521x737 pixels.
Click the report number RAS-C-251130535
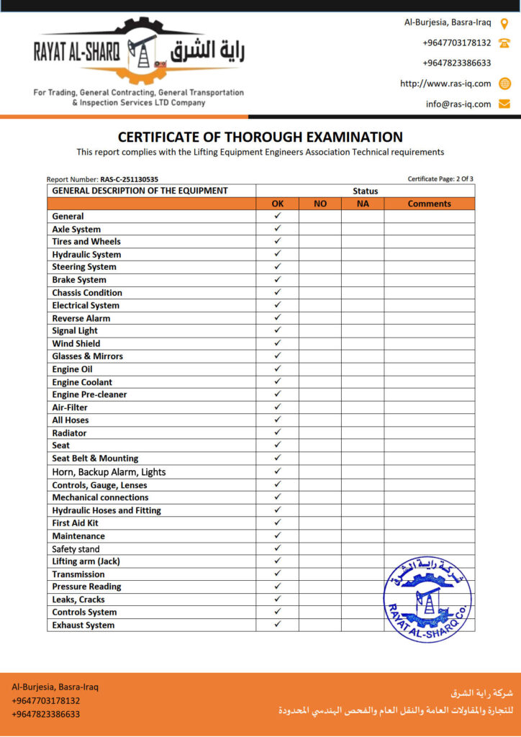tap(130, 179)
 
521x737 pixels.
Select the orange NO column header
tap(320, 204)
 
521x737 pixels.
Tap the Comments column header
tap(429, 204)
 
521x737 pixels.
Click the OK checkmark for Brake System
tap(278, 279)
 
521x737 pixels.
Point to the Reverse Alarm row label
tap(81, 318)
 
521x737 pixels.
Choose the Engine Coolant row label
tap(82, 382)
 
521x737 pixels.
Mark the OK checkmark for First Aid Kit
tap(278, 523)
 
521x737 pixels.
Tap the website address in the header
tap(445, 83)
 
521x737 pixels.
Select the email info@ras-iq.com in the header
tap(458, 104)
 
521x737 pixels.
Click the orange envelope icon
tap(504, 104)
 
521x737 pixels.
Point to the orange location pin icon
tap(504, 22)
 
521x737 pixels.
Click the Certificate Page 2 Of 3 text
tap(440, 179)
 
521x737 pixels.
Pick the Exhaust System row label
tap(83, 625)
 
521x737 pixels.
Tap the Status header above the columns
tap(365, 191)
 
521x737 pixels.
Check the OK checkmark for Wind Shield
tap(278, 343)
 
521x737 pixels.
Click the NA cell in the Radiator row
tap(363, 433)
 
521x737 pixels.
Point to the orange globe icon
tap(504, 83)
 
